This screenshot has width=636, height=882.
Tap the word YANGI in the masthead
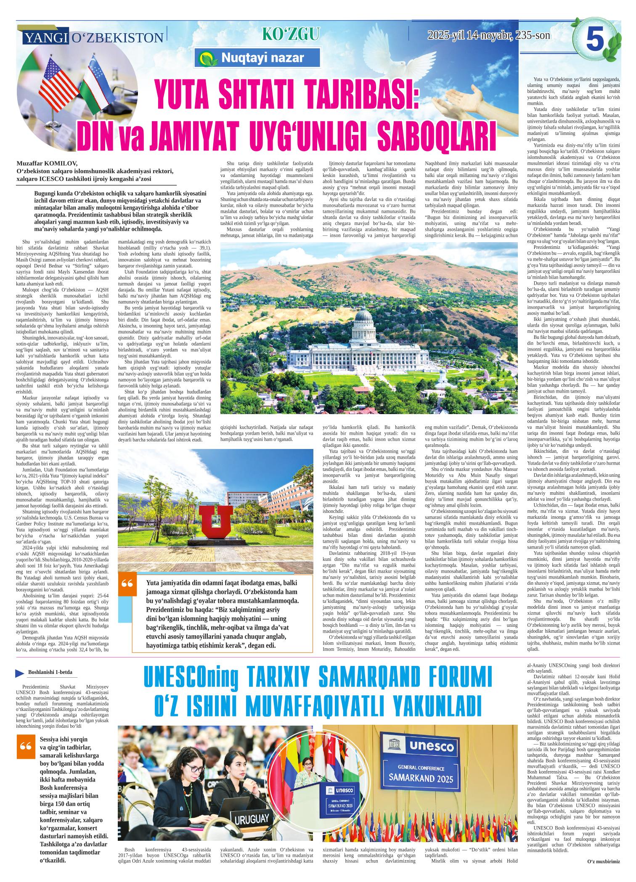pyautogui.click(x=46, y=38)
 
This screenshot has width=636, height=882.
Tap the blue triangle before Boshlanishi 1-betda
pyautogui.click(x=19, y=673)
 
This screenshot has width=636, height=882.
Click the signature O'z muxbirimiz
pyautogui.click(x=603, y=870)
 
